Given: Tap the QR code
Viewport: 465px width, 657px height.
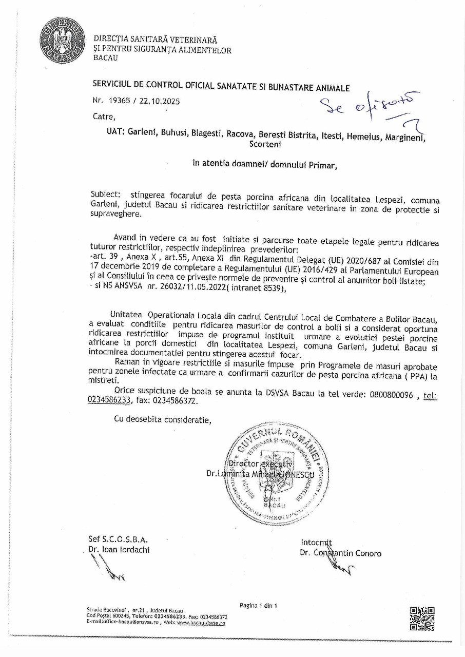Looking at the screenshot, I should [x=422, y=619].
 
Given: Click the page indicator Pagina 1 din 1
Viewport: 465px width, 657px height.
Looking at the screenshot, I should [x=258, y=606].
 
